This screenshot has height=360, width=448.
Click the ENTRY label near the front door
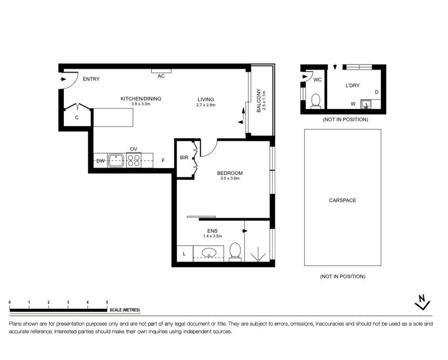[91, 79]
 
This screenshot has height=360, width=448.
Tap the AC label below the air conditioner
[161, 76]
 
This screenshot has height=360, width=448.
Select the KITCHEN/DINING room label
[141, 99]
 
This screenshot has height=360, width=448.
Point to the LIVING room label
[206, 99]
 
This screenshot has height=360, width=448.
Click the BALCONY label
[259, 100]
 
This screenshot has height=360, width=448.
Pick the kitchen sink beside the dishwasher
[115, 161]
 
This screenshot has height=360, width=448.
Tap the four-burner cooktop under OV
[134, 161]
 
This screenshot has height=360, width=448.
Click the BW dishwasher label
[100, 161]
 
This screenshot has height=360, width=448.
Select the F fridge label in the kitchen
[163, 161]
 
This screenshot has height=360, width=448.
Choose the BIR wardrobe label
[184, 157]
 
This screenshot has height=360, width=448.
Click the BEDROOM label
[229, 173]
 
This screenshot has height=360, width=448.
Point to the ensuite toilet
[235, 252]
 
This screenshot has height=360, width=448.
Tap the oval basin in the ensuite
[209, 253]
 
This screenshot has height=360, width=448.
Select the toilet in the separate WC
[316, 101]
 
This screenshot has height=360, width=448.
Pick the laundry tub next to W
[365, 104]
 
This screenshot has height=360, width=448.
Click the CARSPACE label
[342, 200]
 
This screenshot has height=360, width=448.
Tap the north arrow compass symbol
[422, 302]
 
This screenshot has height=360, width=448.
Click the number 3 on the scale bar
[68, 302]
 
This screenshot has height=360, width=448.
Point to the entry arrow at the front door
[63, 79]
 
